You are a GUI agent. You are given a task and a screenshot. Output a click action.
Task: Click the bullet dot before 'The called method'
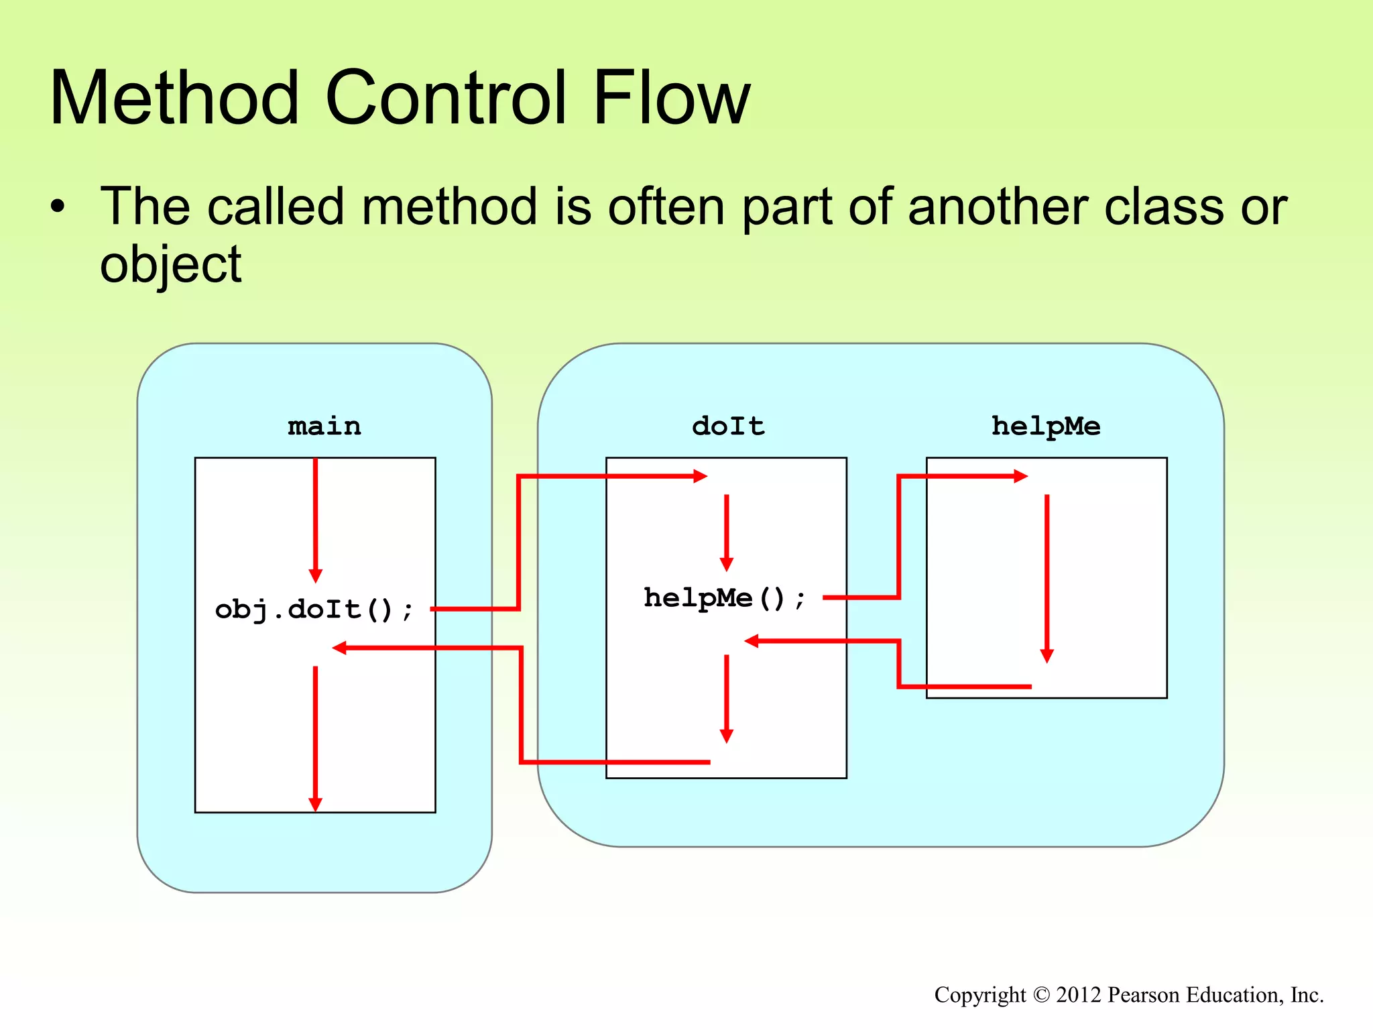coord(58,207)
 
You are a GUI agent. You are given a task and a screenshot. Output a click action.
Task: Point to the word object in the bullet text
coord(170,264)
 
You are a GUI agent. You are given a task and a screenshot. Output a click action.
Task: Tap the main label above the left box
coord(324,426)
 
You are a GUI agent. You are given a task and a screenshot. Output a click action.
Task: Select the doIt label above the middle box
coord(728,426)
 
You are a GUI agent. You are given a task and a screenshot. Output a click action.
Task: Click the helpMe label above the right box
coord(1046,426)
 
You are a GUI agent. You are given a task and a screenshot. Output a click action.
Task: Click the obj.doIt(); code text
coord(314,610)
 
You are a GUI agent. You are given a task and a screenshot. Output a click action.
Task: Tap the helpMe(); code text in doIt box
coord(724,597)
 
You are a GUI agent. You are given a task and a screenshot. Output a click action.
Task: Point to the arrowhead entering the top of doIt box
coord(701,476)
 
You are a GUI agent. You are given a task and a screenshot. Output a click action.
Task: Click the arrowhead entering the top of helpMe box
coord(1021,476)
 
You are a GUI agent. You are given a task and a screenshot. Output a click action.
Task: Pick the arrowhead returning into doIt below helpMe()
coord(752,641)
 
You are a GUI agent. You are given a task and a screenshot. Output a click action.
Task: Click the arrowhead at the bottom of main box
coord(315,805)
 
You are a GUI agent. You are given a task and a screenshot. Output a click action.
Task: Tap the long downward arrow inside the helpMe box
coord(1047,577)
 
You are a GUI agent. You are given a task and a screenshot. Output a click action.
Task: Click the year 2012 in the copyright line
coord(1079,994)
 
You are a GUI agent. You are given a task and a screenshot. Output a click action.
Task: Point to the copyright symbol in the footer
coord(1041,994)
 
